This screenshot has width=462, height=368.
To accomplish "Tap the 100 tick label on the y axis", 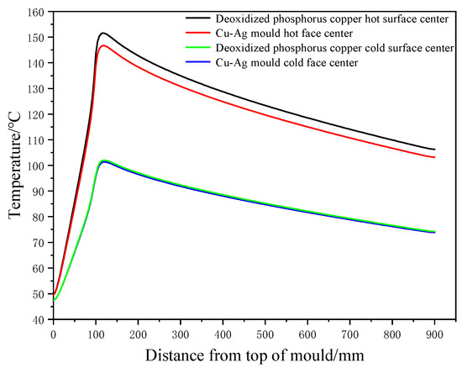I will click(x=37, y=166).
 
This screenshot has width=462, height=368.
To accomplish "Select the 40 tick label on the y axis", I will click(x=39, y=319).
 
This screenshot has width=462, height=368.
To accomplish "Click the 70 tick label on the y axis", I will click(x=39, y=243).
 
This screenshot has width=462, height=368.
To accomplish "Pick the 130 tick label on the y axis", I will click(x=37, y=89).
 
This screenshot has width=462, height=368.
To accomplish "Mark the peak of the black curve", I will click(x=102, y=34).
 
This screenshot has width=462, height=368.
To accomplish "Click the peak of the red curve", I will click(x=102, y=45).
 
